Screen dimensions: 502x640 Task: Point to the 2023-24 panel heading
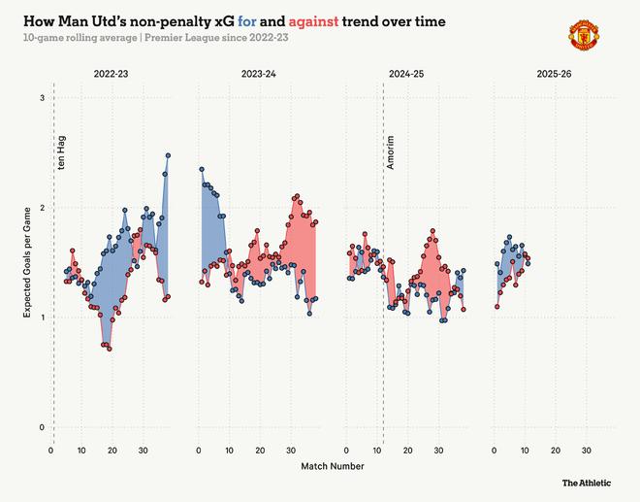point(259,74)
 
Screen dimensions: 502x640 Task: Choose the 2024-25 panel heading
point(407,74)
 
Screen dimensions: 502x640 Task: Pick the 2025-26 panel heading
point(554,74)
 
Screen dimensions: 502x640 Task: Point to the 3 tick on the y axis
point(42,98)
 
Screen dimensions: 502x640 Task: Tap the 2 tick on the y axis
point(42,208)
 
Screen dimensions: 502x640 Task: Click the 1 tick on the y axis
point(42,318)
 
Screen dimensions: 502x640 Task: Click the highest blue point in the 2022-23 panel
point(168,154)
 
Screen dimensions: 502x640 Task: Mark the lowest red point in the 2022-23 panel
point(110,348)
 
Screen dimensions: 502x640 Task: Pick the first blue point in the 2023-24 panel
point(201,170)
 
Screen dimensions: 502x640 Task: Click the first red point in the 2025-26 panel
point(496,307)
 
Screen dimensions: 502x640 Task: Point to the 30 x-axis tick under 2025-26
point(586,451)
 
